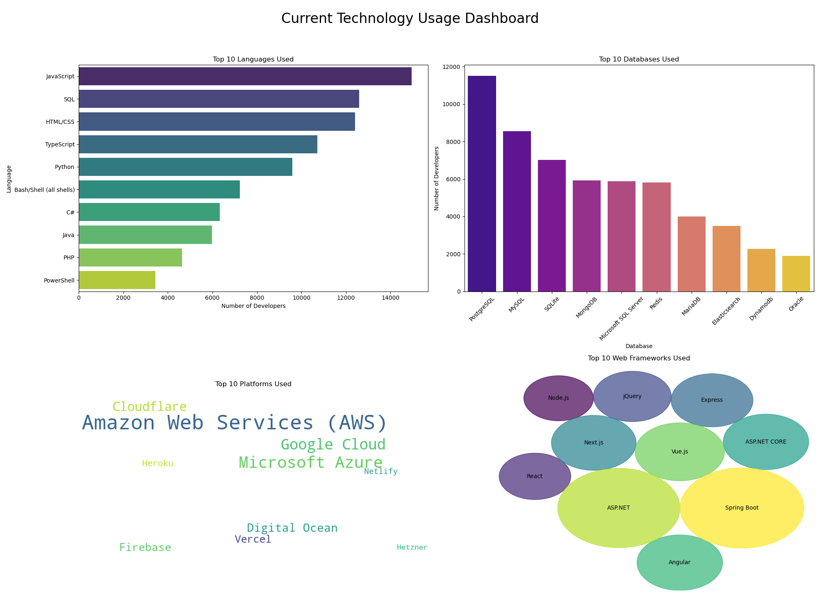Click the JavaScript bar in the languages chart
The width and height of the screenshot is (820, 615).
click(245, 76)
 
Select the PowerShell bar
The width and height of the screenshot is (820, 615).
click(117, 280)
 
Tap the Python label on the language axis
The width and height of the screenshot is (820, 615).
click(64, 167)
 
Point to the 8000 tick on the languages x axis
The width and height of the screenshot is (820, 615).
click(257, 298)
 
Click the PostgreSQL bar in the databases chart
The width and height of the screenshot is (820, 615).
click(482, 184)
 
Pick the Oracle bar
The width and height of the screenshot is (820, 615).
click(796, 274)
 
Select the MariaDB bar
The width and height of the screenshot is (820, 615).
click(691, 254)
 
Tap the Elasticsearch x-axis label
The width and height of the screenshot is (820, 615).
click(726, 311)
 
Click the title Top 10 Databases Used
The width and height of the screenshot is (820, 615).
click(639, 59)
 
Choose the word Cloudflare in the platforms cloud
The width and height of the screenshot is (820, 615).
click(149, 407)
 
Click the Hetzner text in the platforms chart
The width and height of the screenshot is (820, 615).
click(412, 547)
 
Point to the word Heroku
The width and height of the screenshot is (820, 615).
click(157, 464)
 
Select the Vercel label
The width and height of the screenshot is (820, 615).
click(253, 540)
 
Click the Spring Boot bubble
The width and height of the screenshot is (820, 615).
click(742, 508)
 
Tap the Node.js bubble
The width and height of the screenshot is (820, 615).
click(558, 398)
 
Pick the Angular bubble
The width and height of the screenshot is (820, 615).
click(679, 563)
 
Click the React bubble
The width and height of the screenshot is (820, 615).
click(535, 476)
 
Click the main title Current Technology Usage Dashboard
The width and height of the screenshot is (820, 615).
click(410, 18)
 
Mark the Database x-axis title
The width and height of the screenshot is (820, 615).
click(639, 346)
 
